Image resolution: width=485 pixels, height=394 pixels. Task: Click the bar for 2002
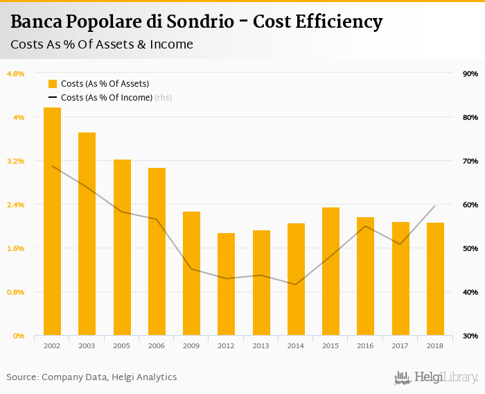(x=52, y=222)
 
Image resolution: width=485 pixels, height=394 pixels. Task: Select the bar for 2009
(x=192, y=273)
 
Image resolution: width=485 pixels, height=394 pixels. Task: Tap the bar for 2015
(x=331, y=271)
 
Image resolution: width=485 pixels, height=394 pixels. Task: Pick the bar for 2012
(x=227, y=284)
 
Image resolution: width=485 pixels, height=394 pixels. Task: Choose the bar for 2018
(x=435, y=279)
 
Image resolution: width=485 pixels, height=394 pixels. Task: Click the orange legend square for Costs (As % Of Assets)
(x=53, y=83)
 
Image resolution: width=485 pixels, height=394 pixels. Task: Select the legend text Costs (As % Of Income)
(x=106, y=98)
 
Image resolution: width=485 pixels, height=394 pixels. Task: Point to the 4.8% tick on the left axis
(x=15, y=74)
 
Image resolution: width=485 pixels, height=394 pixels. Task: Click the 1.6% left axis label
(x=15, y=248)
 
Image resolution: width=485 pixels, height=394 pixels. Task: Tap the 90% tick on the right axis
(x=470, y=74)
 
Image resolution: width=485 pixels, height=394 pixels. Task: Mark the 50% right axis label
(x=470, y=248)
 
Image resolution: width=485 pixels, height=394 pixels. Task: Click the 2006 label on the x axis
(x=157, y=345)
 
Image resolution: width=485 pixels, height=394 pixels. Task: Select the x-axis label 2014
(x=296, y=345)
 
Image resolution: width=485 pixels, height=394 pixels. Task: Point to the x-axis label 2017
(x=400, y=345)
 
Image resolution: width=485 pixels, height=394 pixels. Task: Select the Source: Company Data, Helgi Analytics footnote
(x=91, y=377)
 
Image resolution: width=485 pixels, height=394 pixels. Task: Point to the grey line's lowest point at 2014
(x=296, y=284)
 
